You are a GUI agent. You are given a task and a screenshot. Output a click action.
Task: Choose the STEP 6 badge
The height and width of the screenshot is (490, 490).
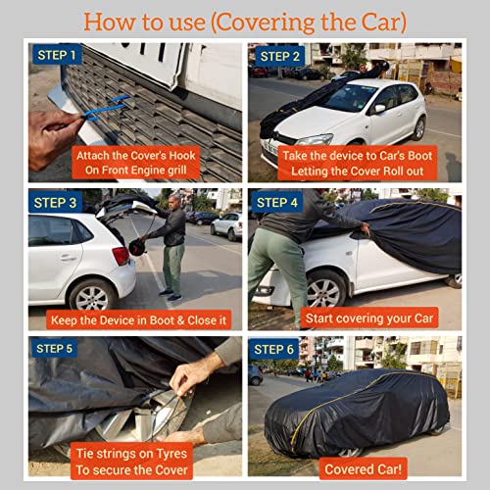pos(276,349)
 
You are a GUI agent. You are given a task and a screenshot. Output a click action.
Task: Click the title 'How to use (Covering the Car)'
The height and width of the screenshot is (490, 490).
pos(244,21)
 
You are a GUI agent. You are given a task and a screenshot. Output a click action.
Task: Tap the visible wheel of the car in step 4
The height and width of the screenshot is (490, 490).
pos(326,288)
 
